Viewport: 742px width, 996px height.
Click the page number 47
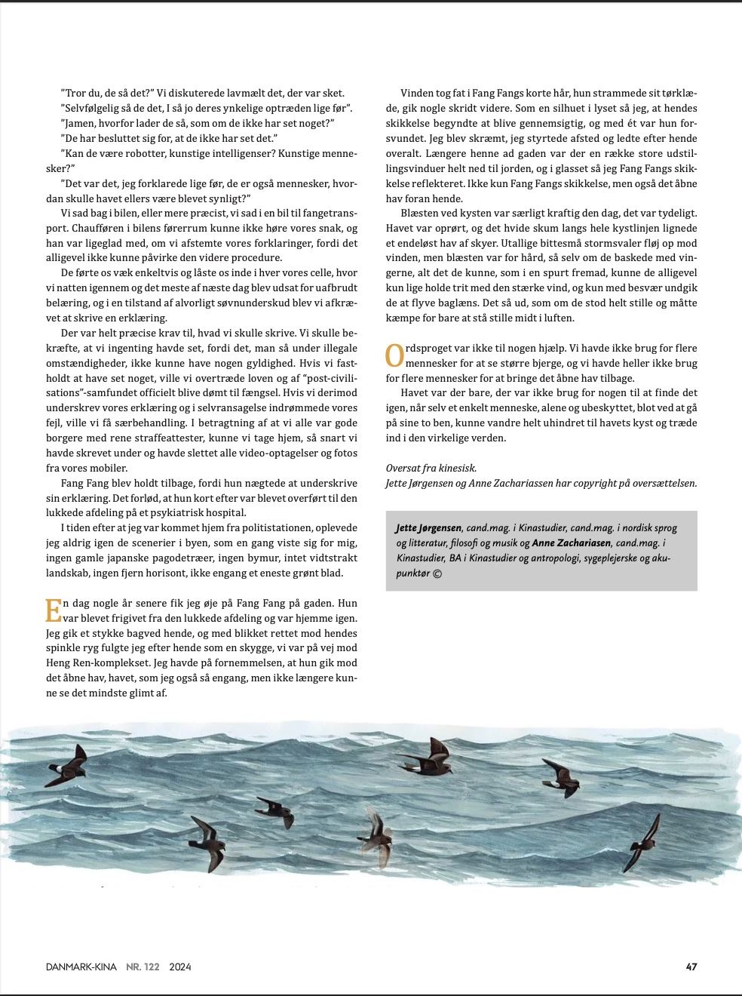[x=691, y=967]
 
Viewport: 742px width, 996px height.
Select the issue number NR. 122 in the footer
[x=142, y=967]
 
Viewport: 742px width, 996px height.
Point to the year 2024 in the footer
[x=180, y=967]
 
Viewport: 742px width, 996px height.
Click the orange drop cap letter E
[x=53, y=610]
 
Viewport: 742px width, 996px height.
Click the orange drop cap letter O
[x=394, y=355]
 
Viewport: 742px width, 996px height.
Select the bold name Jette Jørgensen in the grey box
[x=428, y=527]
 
